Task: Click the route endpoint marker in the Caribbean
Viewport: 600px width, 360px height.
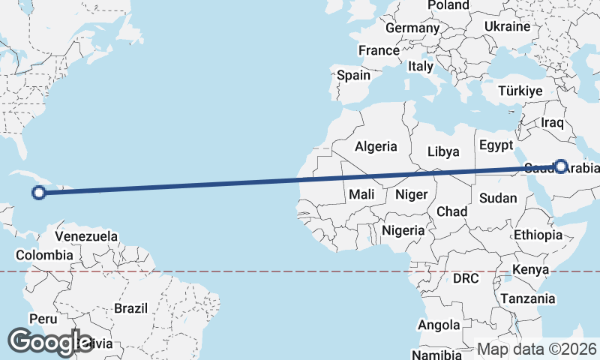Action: click(x=39, y=193)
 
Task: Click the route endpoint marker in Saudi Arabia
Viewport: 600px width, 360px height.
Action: click(x=560, y=166)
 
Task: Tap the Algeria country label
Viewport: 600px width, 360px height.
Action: click(x=376, y=146)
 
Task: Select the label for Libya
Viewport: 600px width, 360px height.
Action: click(x=443, y=151)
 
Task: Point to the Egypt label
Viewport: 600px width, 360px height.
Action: click(x=495, y=145)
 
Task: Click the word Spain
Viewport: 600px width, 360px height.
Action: click(x=353, y=75)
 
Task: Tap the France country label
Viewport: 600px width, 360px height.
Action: click(x=379, y=51)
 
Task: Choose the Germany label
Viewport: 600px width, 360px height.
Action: click(x=412, y=28)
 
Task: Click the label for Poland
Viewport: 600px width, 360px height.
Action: click(x=448, y=5)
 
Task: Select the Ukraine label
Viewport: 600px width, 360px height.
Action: click(x=507, y=26)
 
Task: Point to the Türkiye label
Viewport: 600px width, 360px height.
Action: click(x=520, y=91)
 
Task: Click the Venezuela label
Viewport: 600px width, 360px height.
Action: click(x=87, y=236)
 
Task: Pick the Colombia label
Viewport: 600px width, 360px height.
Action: click(x=44, y=255)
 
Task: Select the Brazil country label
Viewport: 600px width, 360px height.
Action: click(x=132, y=307)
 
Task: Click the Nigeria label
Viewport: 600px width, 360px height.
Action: click(x=403, y=230)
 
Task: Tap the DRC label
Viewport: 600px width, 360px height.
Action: click(x=465, y=278)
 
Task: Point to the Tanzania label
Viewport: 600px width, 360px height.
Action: click(x=528, y=298)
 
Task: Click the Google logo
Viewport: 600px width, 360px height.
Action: click(x=50, y=342)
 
